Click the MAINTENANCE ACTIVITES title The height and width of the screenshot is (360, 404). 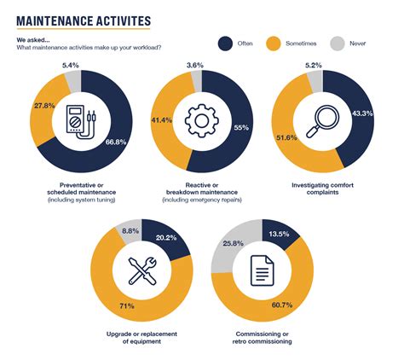point(84,20)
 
